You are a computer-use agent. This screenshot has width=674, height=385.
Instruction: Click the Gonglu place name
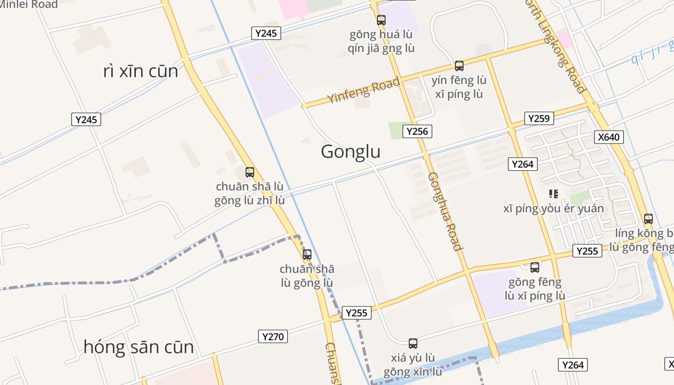(350, 152)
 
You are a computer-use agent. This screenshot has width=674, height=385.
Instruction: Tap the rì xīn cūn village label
(141, 71)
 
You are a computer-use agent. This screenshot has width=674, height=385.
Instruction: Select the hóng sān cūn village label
(139, 347)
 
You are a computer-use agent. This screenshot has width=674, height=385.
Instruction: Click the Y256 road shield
(417, 131)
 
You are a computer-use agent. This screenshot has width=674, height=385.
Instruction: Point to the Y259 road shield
(539, 118)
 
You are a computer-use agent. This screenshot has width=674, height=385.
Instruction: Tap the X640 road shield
(609, 137)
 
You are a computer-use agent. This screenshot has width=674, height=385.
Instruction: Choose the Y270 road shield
(273, 336)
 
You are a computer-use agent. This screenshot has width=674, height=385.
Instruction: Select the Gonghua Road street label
(445, 211)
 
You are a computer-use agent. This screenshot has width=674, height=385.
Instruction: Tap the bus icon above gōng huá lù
(381, 20)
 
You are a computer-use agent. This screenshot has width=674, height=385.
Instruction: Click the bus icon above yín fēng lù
(459, 66)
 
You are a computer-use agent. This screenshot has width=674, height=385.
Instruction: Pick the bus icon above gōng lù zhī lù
(249, 172)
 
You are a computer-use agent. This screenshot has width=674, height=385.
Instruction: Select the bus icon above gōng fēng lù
(535, 268)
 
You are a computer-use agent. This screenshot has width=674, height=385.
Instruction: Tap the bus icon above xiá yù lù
(413, 344)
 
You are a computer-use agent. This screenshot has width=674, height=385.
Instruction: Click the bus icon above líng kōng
(648, 219)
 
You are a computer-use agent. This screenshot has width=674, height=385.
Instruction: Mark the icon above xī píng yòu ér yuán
(554, 194)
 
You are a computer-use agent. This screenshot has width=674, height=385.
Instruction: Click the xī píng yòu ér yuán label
(554, 209)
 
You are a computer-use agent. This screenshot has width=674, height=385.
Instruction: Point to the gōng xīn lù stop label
(413, 372)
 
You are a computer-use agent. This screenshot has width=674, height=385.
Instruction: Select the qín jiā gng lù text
(381, 49)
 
